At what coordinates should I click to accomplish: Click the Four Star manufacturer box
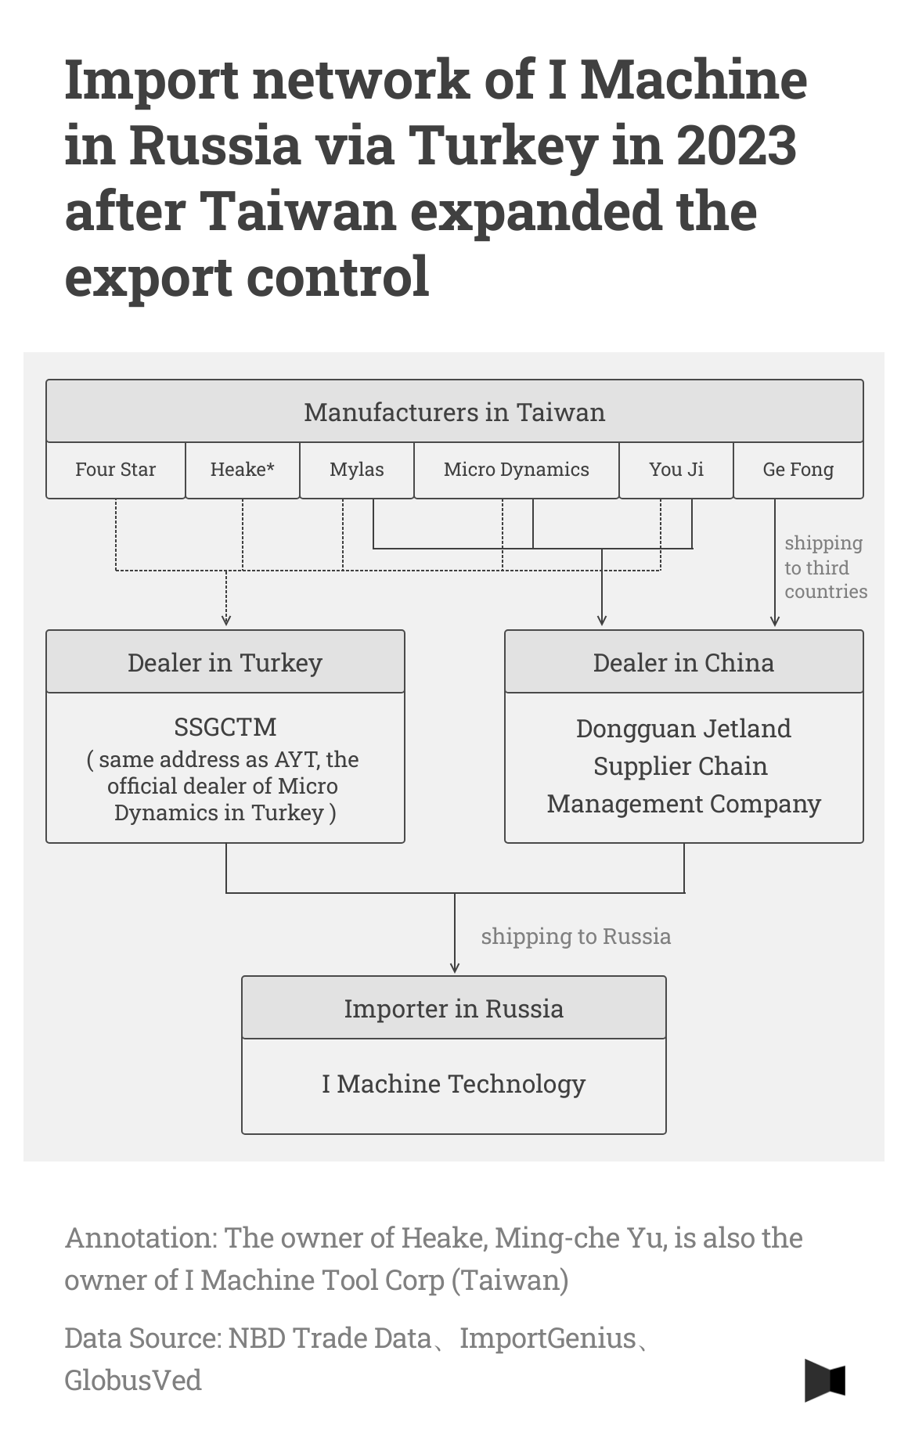tap(115, 470)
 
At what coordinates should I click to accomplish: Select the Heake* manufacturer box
tap(242, 470)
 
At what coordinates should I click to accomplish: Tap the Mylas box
tap(356, 470)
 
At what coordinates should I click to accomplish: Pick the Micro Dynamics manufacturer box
tap(516, 470)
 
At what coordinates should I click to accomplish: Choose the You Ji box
tap(676, 470)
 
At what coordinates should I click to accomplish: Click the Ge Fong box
tap(798, 470)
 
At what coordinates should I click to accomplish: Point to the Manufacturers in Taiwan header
tap(454, 412)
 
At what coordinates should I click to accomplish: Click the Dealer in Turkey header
tap(225, 662)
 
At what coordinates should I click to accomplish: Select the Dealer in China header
tap(683, 662)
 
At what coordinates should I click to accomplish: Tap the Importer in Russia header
tap(453, 1008)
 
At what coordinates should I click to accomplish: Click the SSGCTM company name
tap(225, 727)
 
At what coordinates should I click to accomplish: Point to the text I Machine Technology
tap(453, 1084)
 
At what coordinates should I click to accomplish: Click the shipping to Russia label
tap(575, 936)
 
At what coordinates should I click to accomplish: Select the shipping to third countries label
tap(824, 567)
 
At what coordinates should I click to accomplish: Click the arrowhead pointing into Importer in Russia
tap(455, 968)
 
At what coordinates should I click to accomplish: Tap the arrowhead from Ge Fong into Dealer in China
tap(775, 621)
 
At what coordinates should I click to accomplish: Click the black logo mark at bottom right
tap(824, 1380)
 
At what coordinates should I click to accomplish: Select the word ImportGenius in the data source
tap(547, 1338)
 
